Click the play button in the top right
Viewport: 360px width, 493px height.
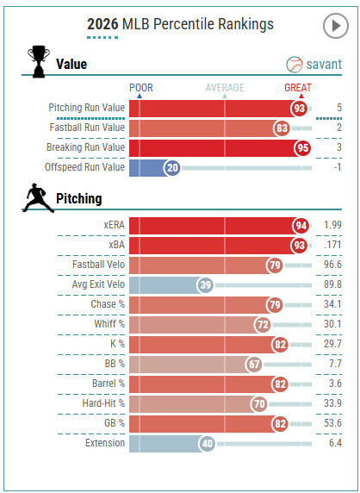click(x=335, y=27)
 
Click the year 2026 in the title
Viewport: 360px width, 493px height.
click(x=103, y=24)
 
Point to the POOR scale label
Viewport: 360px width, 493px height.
click(x=141, y=87)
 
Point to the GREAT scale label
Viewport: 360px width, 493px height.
click(x=298, y=87)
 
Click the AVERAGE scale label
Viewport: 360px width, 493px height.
click(x=224, y=87)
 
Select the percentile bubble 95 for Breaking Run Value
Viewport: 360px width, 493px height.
click(x=301, y=147)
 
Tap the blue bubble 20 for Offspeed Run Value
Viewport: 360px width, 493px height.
click(x=172, y=167)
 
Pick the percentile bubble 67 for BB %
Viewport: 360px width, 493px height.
click(x=253, y=364)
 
